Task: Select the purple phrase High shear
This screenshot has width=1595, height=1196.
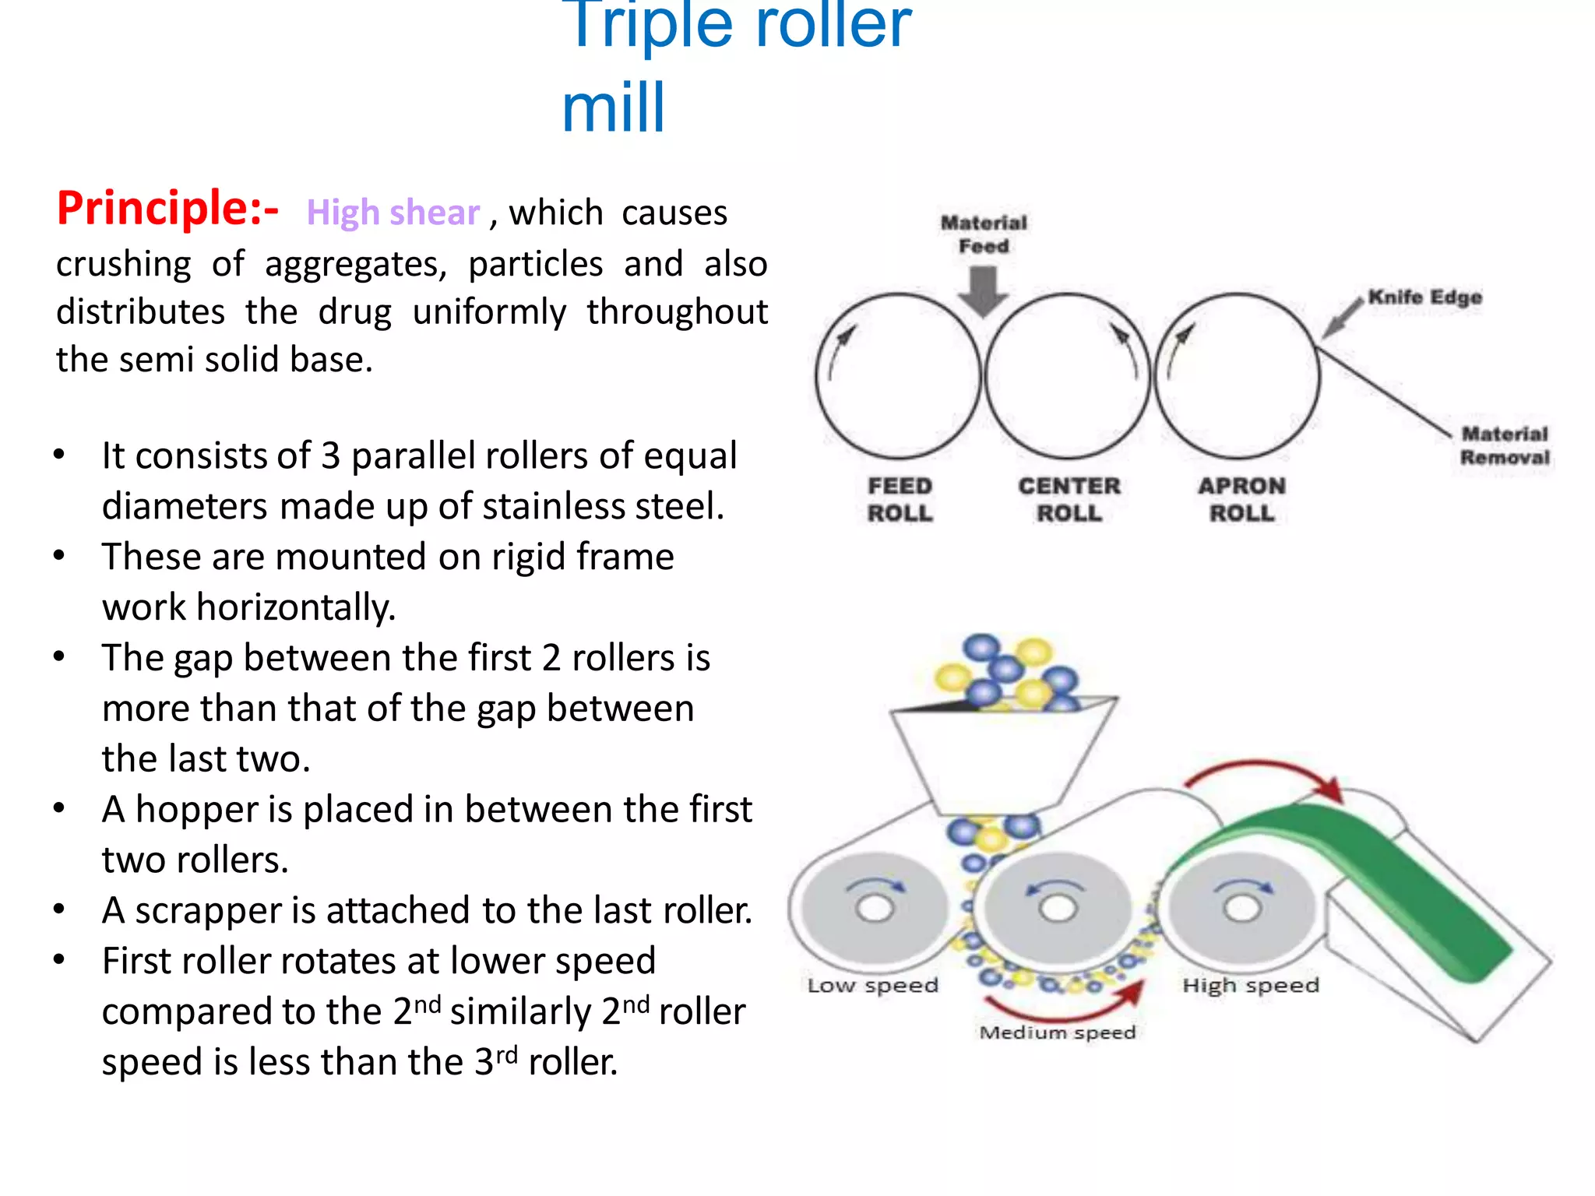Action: tap(393, 213)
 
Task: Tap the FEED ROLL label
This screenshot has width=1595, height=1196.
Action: tap(900, 499)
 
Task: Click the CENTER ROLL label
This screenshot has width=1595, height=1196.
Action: tap(1069, 499)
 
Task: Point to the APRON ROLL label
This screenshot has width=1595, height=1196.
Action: tap(1241, 499)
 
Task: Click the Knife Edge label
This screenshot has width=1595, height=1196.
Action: tap(1425, 297)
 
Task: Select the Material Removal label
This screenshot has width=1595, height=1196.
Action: tap(1505, 445)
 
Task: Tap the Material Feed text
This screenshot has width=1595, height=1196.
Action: tap(984, 234)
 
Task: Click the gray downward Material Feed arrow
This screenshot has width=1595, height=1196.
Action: tap(984, 291)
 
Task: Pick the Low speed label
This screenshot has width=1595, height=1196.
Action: tap(872, 986)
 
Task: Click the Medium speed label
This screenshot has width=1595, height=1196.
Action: tap(1057, 1032)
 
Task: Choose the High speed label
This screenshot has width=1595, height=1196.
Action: tap(1251, 986)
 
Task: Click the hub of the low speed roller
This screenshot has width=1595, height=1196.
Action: tap(875, 908)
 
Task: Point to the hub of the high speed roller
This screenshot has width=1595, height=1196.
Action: tap(1241, 908)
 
